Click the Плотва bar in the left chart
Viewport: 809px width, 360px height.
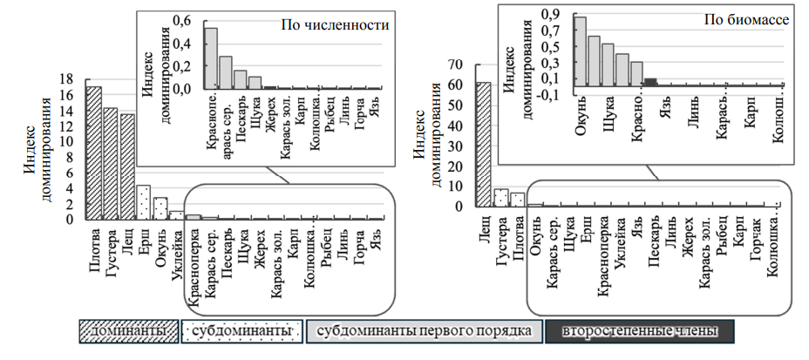tap(93, 153)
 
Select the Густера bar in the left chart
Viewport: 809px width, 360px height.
tap(111, 163)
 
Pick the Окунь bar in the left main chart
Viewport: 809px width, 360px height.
tap(160, 208)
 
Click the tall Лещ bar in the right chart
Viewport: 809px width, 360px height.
tap(483, 145)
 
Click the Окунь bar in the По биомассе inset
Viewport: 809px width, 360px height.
tap(580, 51)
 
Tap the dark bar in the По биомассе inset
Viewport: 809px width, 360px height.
tap(650, 82)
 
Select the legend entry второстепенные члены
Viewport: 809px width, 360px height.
tap(639, 331)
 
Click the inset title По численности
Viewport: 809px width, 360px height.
tap(334, 26)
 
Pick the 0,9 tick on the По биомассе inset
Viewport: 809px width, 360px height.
tap(552, 14)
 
